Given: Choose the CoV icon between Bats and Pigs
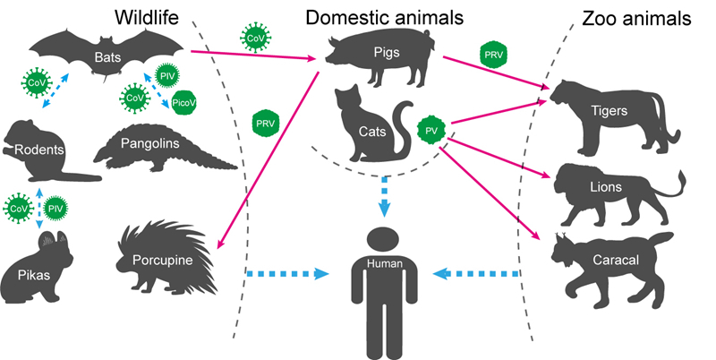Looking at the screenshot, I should pos(255,39).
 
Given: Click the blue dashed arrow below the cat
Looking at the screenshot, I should pos(384,196).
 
